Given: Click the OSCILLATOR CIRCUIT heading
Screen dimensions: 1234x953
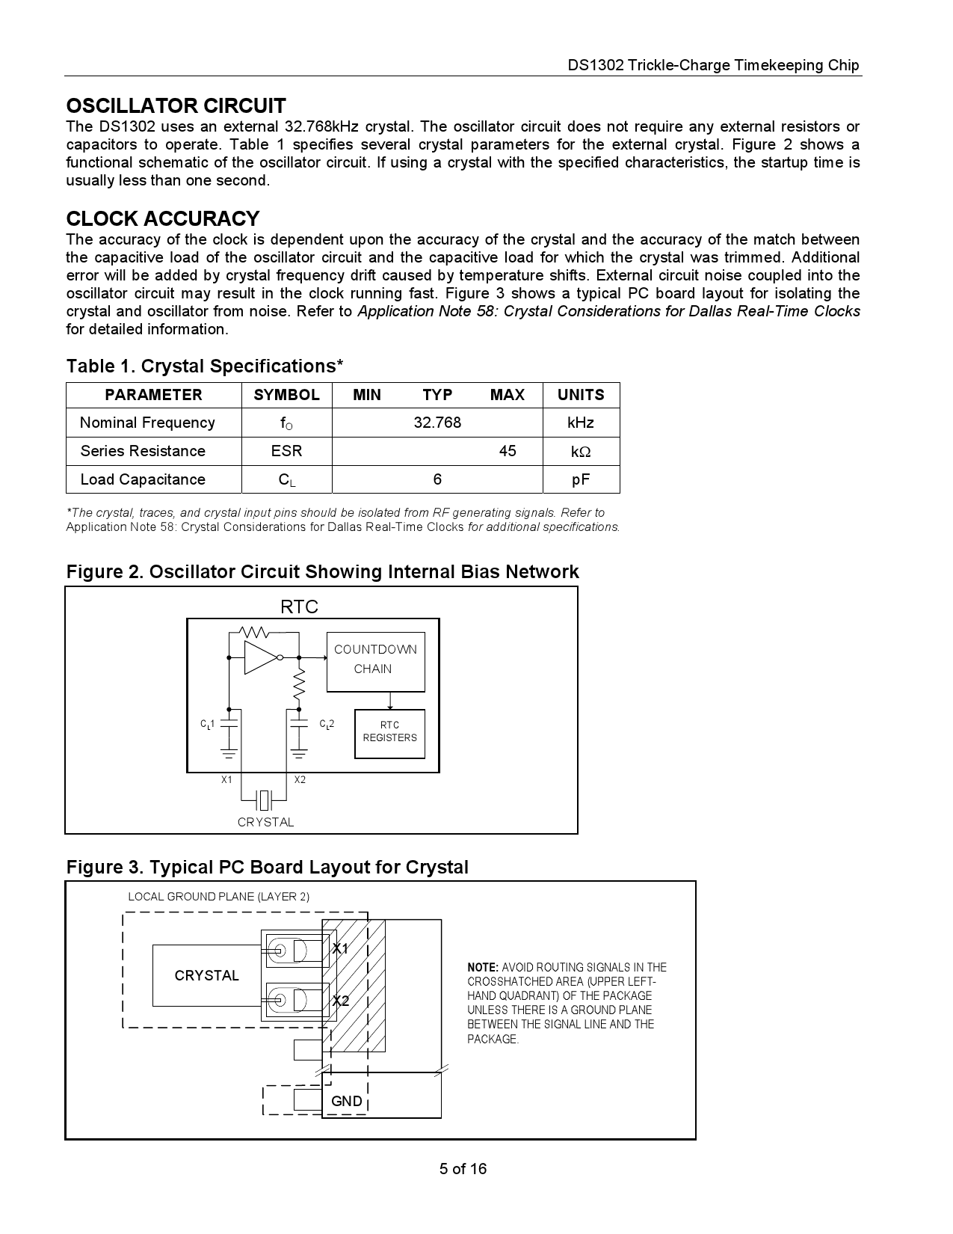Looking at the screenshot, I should (x=176, y=105).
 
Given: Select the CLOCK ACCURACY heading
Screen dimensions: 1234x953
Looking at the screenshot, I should (x=162, y=218).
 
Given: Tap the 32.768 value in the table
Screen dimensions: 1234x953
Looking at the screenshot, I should (x=437, y=423).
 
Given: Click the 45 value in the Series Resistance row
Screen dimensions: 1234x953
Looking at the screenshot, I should (x=508, y=451).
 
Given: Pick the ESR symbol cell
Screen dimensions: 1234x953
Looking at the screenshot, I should (x=286, y=451).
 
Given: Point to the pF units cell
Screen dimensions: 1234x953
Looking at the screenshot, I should (x=581, y=479).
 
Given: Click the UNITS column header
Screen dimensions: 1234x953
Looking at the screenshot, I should (x=581, y=395).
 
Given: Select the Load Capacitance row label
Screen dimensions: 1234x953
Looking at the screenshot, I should (x=143, y=479).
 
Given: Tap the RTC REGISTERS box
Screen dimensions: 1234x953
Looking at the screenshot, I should (x=389, y=733).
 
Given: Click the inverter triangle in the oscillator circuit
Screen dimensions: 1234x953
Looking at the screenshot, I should (x=260, y=657).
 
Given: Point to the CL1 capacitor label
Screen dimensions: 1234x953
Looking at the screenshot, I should (x=207, y=724).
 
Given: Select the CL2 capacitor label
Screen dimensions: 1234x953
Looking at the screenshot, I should (x=327, y=724).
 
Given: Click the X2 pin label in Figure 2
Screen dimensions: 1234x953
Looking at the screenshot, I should (x=300, y=779).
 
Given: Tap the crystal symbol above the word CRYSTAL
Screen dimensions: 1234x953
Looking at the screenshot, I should (x=265, y=800).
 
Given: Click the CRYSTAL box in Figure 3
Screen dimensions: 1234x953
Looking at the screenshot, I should (x=206, y=975).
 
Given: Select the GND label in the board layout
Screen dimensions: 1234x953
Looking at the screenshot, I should (x=346, y=1101).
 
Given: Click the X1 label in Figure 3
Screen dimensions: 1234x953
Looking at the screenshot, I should (x=340, y=948).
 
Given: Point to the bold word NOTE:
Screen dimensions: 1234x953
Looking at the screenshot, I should (x=483, y=967).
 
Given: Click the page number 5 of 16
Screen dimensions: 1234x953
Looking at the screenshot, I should (x=463, y=1168).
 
